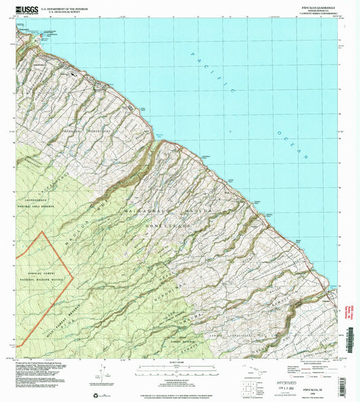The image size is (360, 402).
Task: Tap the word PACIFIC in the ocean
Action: coord(215,74)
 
